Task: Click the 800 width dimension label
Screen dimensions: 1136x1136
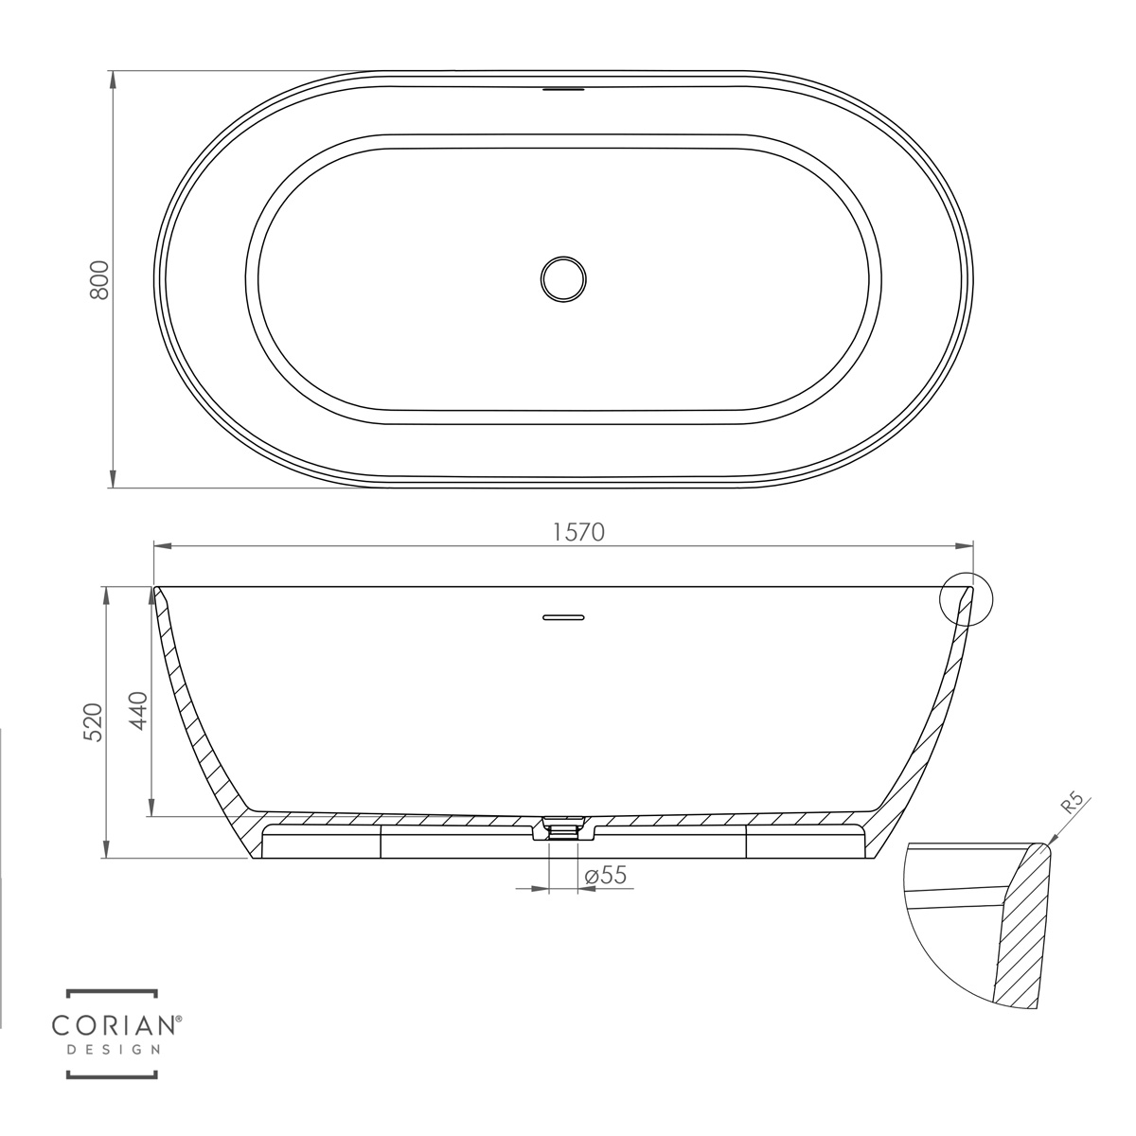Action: click(x=99, y=280)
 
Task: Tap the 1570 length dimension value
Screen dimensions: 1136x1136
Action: click(x=578, y=532)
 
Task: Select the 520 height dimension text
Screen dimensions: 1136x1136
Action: click(x=95, y=722)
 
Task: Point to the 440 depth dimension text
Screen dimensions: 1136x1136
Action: click(x=138, y=710)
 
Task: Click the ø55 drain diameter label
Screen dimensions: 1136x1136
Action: click(x=606, y=875)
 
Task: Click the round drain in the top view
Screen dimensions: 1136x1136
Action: click(x=563, y=279)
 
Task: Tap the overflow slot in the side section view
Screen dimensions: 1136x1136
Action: click(x=563, y=617)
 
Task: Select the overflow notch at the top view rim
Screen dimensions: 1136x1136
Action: click(x=563, y=90)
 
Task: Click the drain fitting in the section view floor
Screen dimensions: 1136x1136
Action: click(x=563, y=828)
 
